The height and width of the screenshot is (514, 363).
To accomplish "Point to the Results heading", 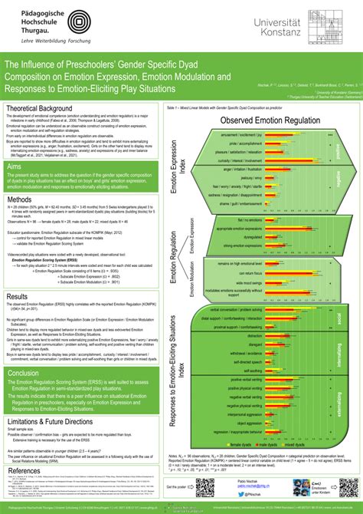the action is coord(18,275).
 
